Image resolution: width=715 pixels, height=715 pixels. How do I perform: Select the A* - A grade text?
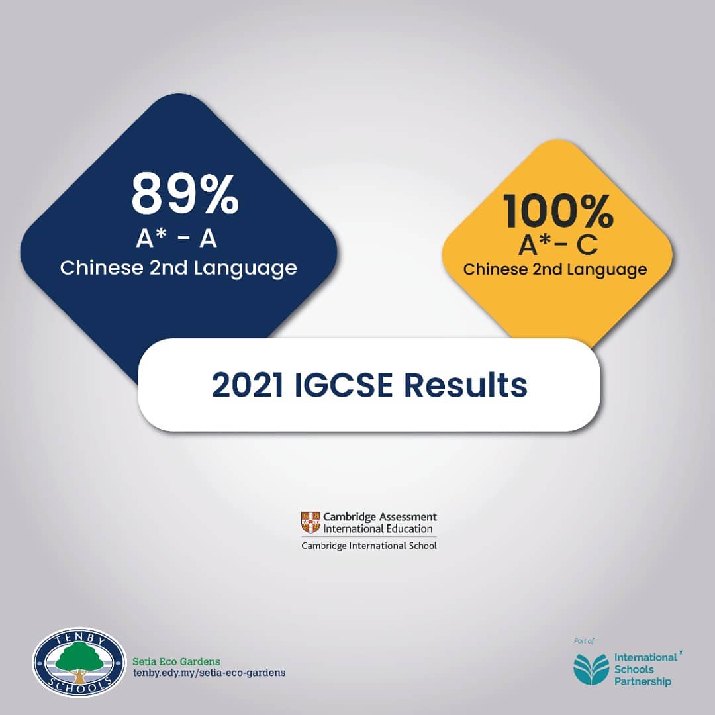tap(177, 239)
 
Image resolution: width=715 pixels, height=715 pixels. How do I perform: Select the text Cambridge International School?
tap(369, 546)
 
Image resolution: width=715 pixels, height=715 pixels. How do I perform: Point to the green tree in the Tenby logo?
tap(79, 657)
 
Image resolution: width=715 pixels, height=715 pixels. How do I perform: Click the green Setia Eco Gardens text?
tap(176, 661)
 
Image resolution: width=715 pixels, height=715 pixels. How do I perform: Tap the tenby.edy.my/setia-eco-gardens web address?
tap(209, 673)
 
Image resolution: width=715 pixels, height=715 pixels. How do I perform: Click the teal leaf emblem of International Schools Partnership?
tap(591, 669)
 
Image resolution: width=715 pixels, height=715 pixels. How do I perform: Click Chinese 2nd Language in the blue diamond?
tap(178, 268)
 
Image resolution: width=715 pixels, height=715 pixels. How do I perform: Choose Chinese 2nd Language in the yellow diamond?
tap(555, 269)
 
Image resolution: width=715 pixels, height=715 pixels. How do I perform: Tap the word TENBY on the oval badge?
tap(79, 638)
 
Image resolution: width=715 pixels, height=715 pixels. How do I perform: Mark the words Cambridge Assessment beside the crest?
tap(379, 516)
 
